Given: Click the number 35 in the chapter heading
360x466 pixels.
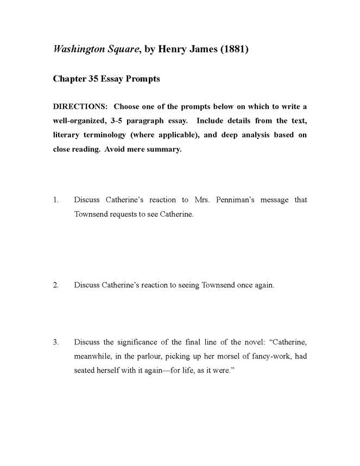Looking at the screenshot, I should click(93, 79).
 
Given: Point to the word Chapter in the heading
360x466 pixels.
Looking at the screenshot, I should click(70, 79).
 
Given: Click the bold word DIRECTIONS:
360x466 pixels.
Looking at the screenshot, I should click(80, 106).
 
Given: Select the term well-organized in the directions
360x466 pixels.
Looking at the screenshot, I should click(80, 121).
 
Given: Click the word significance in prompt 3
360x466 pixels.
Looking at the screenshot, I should click(138, 342).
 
